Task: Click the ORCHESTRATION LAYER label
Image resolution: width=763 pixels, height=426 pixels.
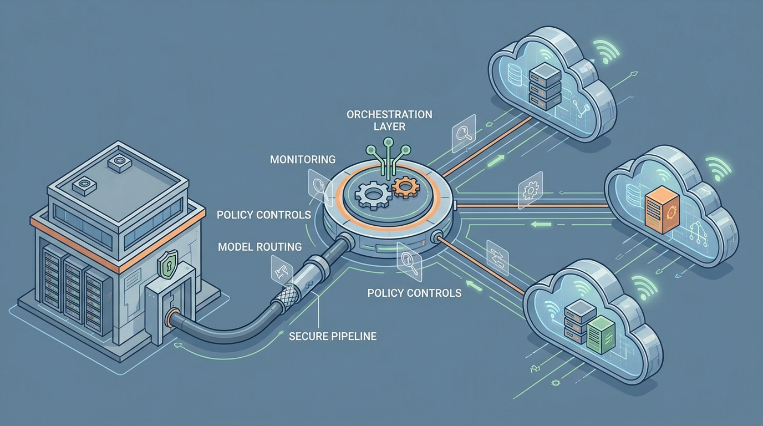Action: pyautogui.click(x=389, y=120)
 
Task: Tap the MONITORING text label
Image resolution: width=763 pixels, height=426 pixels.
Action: pyautogui.click(x=302, y=160)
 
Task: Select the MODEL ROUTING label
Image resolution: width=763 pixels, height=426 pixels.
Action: pyautogui.click(x=260, y=247)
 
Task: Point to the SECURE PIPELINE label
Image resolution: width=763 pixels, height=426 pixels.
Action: pyautogui.click(x=332, y=336)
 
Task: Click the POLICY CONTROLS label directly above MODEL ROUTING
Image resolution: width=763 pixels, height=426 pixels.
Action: pyautogui.click(x=263, y=215)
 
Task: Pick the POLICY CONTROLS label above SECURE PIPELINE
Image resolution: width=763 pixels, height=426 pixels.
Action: pyautogui.click(x=414, y=293)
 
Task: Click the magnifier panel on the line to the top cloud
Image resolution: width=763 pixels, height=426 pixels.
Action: pyautogui.click(x=464, y=133)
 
